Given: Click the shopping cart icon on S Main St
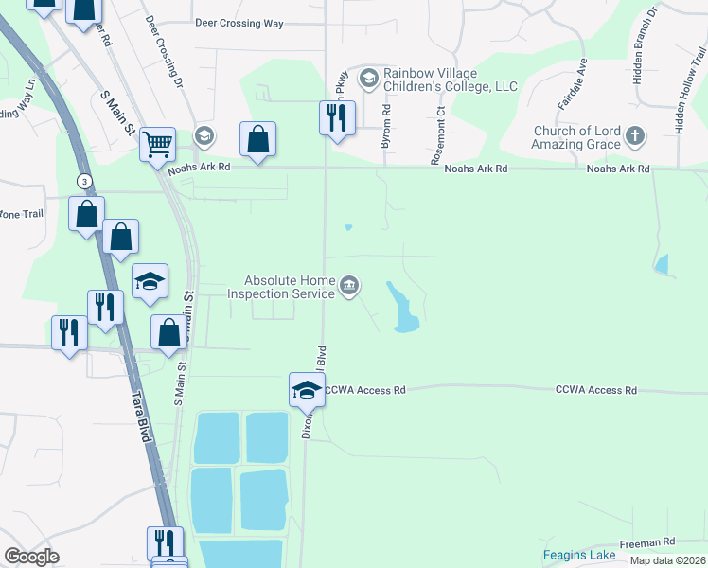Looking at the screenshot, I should click(x=158, y=145).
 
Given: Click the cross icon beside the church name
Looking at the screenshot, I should click(x=634, y=137).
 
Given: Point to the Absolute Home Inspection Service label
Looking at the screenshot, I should click(x=290, y=287).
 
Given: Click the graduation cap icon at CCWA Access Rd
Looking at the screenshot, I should click(x=307, y=388).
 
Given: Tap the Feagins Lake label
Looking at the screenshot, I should click(x=579, y=555).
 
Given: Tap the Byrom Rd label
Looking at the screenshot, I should click(x=386, y=125).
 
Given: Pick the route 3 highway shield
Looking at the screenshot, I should click(x=85, y=181).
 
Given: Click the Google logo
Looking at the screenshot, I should click(x=32, y=557).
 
